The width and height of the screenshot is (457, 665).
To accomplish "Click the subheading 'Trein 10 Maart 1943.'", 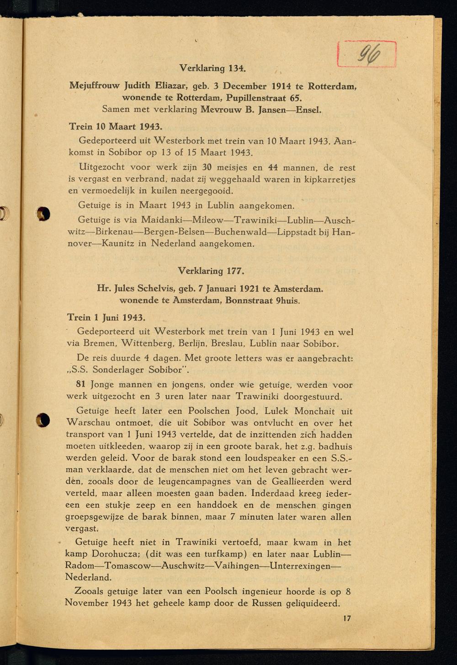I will [116, 125].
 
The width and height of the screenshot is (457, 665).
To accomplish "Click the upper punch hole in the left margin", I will [43, 213].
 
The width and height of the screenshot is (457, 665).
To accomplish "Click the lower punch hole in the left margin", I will [43, 419].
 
